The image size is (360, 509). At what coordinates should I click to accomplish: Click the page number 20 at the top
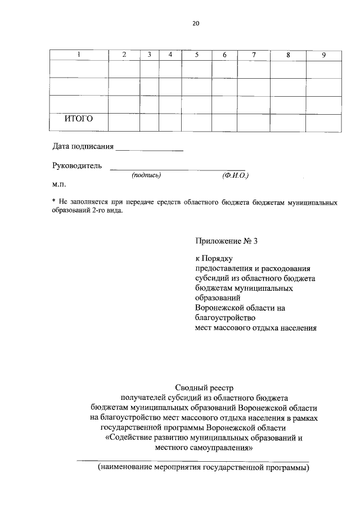(195, 24)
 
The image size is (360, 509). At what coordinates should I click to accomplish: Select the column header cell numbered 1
(79, 55)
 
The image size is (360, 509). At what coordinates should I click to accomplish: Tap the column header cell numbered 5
(197, 55)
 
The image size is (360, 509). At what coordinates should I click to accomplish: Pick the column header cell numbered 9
(323, 55)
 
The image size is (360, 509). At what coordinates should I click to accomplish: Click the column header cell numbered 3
(149, 55)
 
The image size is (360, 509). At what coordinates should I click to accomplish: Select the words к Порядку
(214, 258)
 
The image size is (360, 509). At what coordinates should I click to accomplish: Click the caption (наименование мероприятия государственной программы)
(203, 468)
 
